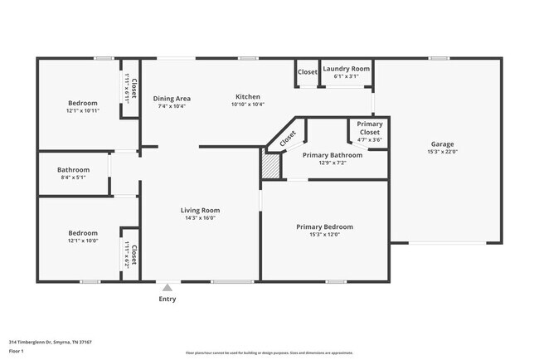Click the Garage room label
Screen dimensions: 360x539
(442, 144)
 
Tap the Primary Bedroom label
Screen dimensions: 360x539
(324, 226)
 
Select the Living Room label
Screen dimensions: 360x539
(199, 210)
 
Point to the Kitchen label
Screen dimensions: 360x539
(247, 97)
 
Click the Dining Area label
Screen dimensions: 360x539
(172, 99)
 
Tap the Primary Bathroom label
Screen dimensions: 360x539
(332, 155)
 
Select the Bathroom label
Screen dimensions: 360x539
(73, 169)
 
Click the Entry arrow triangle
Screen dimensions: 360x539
(168, 288)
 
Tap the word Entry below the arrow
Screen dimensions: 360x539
(168, 299)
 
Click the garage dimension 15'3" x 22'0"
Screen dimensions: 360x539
(442, 152)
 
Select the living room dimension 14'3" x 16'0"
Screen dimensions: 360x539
(199, 218)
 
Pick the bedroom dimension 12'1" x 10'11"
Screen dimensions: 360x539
(83, 110)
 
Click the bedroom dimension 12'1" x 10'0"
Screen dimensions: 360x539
(83, 241)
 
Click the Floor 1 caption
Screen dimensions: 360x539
(17, 351)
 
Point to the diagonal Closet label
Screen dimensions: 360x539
(287, 139)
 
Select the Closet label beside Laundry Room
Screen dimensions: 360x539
(307, 72)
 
